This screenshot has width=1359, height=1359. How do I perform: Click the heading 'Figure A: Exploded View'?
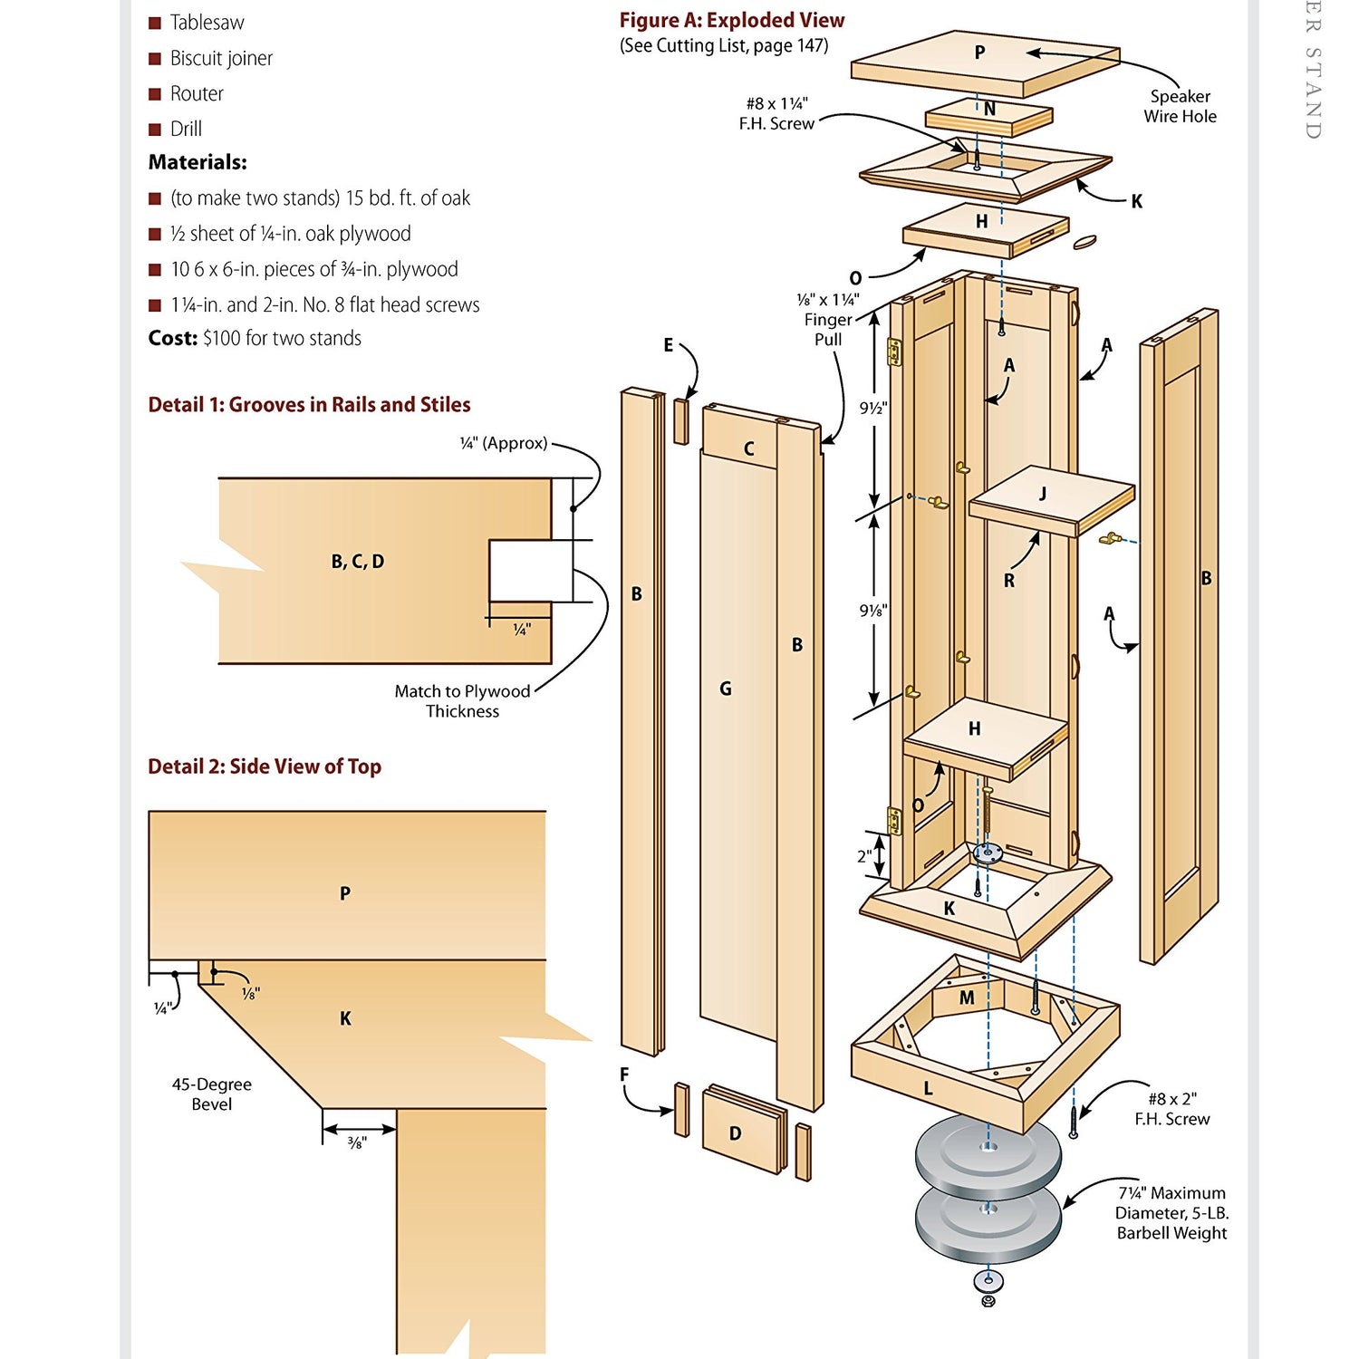[731, 21]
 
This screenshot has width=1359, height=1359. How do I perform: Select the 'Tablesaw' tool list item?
[207, 23]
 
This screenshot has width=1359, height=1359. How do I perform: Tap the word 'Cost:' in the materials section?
[172, 338]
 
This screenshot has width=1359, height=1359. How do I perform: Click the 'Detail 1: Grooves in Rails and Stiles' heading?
[309, 405]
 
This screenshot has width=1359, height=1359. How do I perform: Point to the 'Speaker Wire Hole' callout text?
[1180, 106]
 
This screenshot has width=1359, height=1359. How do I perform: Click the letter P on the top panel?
[979, 53]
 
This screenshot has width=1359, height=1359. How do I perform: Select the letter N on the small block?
[989, 110]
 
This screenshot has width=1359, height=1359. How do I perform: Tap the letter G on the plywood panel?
[725, 689]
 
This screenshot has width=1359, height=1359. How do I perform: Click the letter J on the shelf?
[1043, 494]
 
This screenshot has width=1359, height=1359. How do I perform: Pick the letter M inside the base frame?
[967, 998]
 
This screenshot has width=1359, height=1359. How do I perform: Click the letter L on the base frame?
[928, 1089]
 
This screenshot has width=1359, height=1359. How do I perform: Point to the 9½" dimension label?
[873, 409]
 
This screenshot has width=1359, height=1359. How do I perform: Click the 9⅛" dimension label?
[873, 611]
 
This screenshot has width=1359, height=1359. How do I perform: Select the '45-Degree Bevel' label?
[212, 1094]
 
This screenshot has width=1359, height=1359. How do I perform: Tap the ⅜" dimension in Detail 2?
[357, 1144]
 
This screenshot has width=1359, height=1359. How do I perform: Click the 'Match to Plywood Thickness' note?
[462, 701]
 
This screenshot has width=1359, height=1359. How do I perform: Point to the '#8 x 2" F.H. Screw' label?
[1171, 1109]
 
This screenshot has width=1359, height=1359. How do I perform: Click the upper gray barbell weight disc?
[988, 1151]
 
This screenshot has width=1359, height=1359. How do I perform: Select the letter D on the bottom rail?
[735, 1133]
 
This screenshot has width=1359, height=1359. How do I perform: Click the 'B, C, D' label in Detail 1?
[358, 562]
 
